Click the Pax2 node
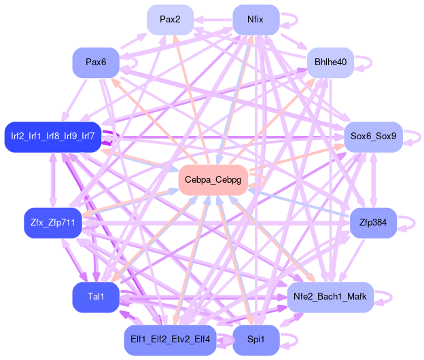[x=170, y=19]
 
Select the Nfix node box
[x=256, y=19]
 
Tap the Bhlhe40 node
[x=331, y=62]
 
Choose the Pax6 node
[x=96, y=62]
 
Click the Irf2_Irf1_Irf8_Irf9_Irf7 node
[x=52, y=137]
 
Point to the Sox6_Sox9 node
[x=374, y=137]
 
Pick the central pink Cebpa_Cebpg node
[x=213, y=180]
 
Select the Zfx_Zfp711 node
[x=52, y=223]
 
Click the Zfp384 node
[x=373, y=222]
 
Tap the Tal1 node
[x=96, y=296]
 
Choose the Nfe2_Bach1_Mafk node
[x=330, y=297]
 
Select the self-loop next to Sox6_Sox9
[x=415, y=137]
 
